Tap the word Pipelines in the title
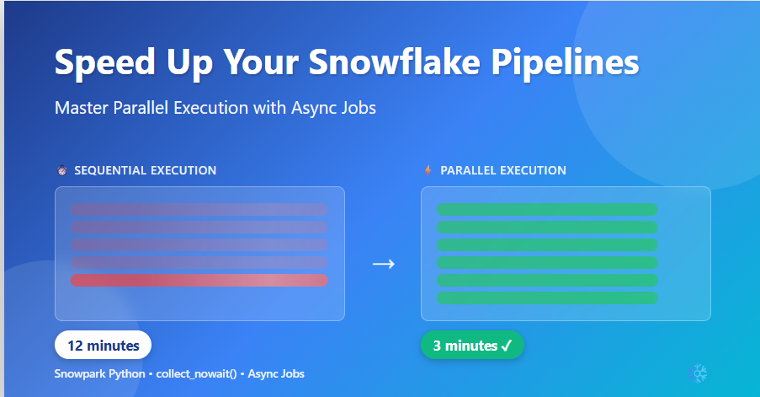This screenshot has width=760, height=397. (565, 62)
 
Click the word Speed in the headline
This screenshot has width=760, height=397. (105, 63)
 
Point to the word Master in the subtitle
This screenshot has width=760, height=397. (82, 108)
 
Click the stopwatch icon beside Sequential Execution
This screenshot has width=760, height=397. (62, 170)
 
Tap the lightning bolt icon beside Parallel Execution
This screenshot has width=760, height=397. (428, 170)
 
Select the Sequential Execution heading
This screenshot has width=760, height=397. (146, 170)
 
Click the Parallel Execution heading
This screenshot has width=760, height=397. (503, 170)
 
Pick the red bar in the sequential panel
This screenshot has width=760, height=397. (199, 280)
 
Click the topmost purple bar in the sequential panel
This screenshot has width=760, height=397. (199, 210)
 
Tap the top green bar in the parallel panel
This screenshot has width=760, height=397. (547, 210)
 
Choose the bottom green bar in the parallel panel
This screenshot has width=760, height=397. (547, 298)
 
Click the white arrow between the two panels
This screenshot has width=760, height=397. (384, 264)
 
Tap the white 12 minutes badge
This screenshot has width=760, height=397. (103, 345)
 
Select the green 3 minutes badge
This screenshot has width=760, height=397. (472, 345)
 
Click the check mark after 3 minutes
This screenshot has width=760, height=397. (507, 346)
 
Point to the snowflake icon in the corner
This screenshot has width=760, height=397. (698, 373)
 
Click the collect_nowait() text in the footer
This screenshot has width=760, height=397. (196, 373)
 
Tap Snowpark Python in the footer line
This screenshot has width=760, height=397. (100, 373)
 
